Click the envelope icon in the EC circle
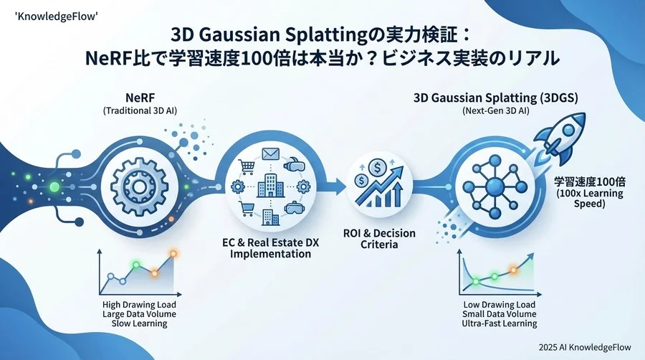coord(270,153)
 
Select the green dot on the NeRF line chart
coord(135,265)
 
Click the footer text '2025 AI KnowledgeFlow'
coord(586,345)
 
